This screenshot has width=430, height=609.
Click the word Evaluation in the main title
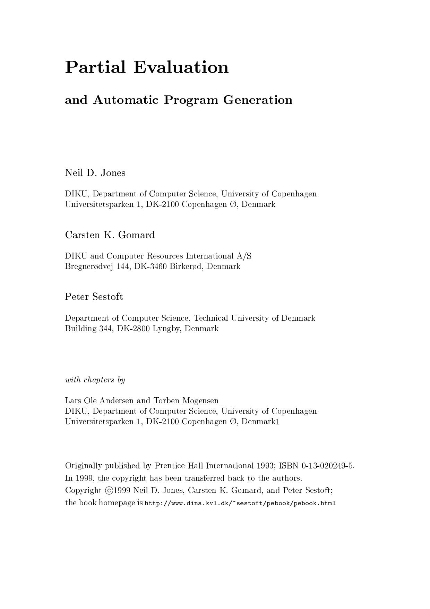click(x=181, y=67)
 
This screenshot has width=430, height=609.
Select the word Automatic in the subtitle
click(x=126, y=100)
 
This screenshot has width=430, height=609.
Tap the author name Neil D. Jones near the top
click(x=95, y=173)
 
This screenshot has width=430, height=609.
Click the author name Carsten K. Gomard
click(x=110, y=235)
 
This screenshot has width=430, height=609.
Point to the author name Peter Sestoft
click(x=94, y=297)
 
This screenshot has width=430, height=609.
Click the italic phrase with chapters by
click(x=95, y=380)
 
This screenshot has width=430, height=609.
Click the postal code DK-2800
click(x=134, y=328)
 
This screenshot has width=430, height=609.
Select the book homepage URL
click(x=240, y=503)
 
